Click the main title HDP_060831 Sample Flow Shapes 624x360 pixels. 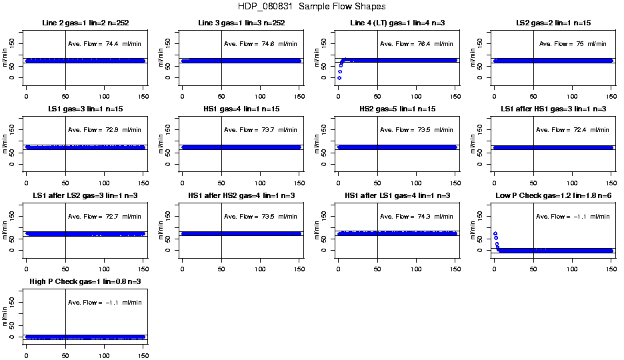311,7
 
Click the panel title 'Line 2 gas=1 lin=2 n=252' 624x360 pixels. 85,23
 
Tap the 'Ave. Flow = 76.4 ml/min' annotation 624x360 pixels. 416,44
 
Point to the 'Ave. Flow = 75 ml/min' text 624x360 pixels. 573,44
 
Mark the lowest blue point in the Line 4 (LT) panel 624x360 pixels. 339,78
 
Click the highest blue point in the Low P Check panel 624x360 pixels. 495,233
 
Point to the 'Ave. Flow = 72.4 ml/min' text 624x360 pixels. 573,130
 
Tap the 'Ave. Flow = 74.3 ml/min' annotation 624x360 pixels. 416,217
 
